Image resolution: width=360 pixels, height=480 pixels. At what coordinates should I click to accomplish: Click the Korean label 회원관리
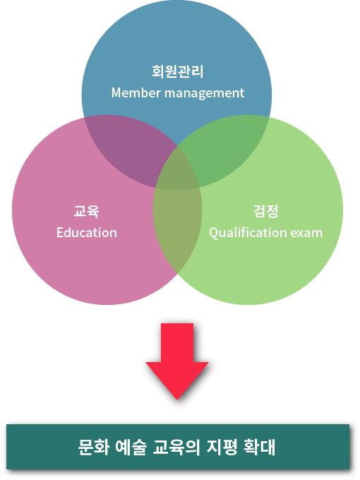178,71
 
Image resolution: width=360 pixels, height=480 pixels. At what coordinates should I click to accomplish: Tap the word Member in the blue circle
136,92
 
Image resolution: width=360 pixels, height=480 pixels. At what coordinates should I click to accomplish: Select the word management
205,93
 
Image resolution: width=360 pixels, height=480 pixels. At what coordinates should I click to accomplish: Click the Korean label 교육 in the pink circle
87,211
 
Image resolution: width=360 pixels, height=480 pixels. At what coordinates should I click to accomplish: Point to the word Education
87,233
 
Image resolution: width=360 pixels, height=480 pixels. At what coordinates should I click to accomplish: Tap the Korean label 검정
265,211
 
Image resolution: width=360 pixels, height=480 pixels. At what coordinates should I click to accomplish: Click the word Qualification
248,233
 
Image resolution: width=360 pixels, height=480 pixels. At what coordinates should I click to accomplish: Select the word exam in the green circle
306,233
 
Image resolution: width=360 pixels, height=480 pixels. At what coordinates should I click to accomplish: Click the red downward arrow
177,361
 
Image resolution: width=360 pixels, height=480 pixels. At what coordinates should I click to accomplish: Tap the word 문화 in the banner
94,448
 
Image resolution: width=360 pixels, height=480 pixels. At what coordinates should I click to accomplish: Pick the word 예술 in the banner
131,448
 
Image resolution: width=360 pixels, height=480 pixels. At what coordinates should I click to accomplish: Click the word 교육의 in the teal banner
176,448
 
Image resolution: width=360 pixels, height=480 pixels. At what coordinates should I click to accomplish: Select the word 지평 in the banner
222,448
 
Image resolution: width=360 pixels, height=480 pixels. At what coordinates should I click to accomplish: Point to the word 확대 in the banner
259,448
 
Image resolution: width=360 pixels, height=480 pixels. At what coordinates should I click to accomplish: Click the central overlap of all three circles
177,172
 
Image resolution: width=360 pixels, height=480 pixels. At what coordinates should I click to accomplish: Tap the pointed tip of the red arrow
177,400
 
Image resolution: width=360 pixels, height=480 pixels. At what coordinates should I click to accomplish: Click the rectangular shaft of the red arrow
177,343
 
